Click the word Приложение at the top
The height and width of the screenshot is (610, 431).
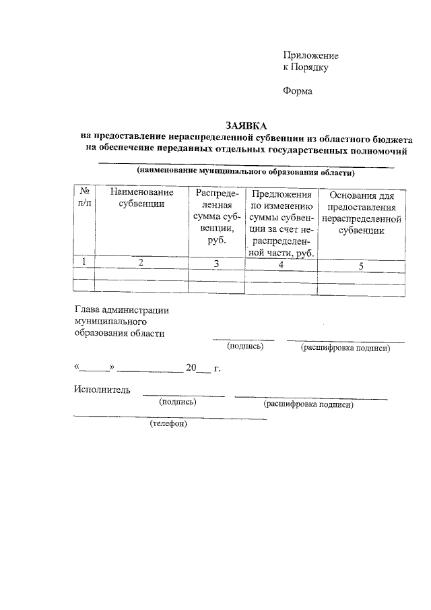[310, 55]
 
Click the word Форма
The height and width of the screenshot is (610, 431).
[298, 91]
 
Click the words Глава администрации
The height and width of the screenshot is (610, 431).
[121, 310]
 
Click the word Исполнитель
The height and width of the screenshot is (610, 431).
[102, 389]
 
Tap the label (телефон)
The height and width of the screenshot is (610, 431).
[168, 424]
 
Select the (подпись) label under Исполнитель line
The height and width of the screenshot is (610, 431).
[177, 402]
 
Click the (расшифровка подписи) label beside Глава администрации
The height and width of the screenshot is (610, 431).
[345, 348]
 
